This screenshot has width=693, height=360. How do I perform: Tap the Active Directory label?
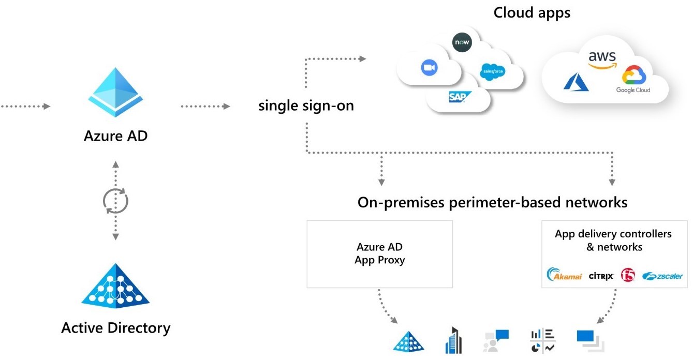115,328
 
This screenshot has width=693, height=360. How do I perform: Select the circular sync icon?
115,201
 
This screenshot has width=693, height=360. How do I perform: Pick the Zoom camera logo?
429,68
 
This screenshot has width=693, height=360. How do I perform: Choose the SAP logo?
458,97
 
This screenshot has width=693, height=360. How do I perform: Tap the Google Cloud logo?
633,79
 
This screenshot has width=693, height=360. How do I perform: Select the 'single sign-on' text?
306,106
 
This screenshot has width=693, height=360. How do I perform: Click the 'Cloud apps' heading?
532,12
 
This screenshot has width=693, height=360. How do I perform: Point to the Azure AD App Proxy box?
379,254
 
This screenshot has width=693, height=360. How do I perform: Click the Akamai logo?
564,276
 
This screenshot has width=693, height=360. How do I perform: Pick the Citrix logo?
601,276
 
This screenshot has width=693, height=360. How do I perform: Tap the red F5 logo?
628,275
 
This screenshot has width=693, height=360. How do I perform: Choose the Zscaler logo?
662,276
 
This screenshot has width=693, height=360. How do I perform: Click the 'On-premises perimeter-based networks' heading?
492,202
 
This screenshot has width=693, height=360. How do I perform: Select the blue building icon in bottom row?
453,341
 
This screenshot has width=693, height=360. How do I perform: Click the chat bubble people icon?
496,341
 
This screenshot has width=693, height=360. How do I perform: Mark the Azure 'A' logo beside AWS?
576,82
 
